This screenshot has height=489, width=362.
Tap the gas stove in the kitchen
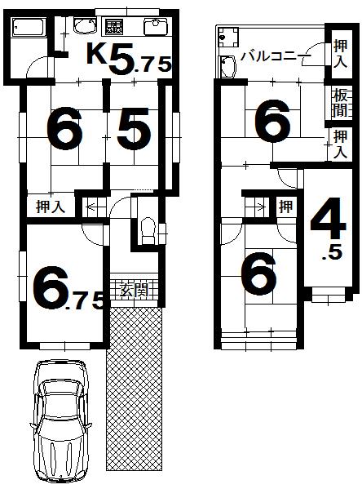tap(113, 28)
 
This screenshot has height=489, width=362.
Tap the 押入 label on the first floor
tap(50, 207)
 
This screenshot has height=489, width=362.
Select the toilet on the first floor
tap(146, 229)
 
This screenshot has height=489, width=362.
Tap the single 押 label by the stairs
tap(285, 206)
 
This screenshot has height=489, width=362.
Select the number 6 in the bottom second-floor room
tap(259, 274)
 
